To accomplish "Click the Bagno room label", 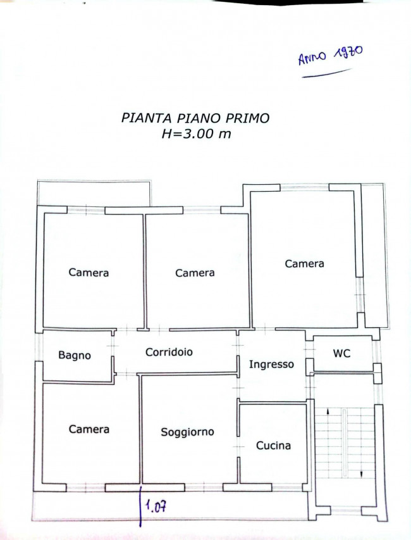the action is coord(75,355).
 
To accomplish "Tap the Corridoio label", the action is coord(169,352).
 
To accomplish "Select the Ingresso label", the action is coord(271,365).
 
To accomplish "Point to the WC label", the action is coord(341,353).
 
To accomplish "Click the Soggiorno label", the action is coord(187,432).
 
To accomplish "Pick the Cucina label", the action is coord(273,445).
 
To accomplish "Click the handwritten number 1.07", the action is coord(156,506).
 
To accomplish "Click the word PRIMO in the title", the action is coord(247,118).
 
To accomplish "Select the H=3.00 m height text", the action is coord(196,134).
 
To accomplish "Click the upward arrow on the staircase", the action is coord(328,411).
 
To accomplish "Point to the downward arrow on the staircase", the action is coord(362,474).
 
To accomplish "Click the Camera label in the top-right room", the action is coord(304,264).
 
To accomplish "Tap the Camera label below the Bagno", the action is coord(89,429).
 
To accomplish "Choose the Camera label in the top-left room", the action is coord(89,272).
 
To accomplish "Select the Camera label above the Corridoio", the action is coord(195,273).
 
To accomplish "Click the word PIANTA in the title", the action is coord(146,118).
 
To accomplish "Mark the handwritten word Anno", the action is coord(312,58).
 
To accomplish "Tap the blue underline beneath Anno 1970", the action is coord(327,73).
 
